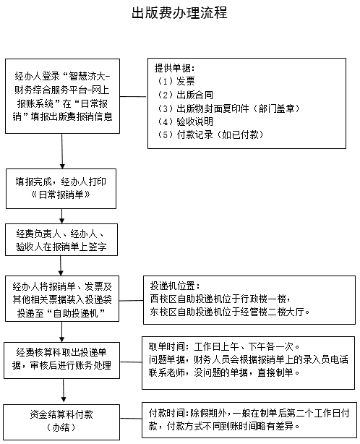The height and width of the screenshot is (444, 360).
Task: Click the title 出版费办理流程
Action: point(180,13)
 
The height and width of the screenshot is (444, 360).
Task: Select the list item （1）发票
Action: point(176,81)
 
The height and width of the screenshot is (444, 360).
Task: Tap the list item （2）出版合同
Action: point(185,95)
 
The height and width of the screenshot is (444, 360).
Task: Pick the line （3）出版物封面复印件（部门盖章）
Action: point(228,108)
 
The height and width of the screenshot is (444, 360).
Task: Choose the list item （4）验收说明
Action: point(185,121)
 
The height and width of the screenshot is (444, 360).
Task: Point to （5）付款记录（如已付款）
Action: point(210,135)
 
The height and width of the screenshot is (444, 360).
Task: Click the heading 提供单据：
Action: point(175,68)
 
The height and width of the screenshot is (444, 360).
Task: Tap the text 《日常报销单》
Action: point(61,195)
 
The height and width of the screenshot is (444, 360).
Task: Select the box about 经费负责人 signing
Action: point(61,240)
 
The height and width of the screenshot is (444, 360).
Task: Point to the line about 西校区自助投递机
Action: point(220,299)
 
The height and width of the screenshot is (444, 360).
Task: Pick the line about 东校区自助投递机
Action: point(230,312)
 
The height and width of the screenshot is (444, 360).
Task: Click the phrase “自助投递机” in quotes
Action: point(76,313)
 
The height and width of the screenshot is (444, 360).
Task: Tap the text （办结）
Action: point(61,427)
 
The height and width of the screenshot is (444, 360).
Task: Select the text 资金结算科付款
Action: point(61,414)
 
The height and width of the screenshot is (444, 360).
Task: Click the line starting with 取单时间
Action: point(224,346)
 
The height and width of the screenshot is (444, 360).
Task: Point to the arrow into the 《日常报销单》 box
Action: point(62,151)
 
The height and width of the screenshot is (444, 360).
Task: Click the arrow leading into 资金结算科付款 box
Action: point(64,390)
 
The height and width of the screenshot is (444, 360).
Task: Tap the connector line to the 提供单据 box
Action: point(134,97)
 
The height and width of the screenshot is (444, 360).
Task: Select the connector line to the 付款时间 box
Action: point(131,418)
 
